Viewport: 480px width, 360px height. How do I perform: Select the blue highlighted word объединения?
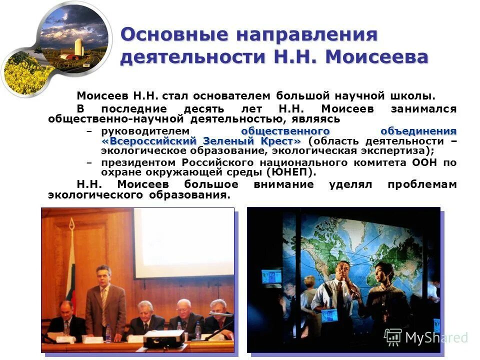418,131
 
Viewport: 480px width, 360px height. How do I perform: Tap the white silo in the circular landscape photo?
78,47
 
